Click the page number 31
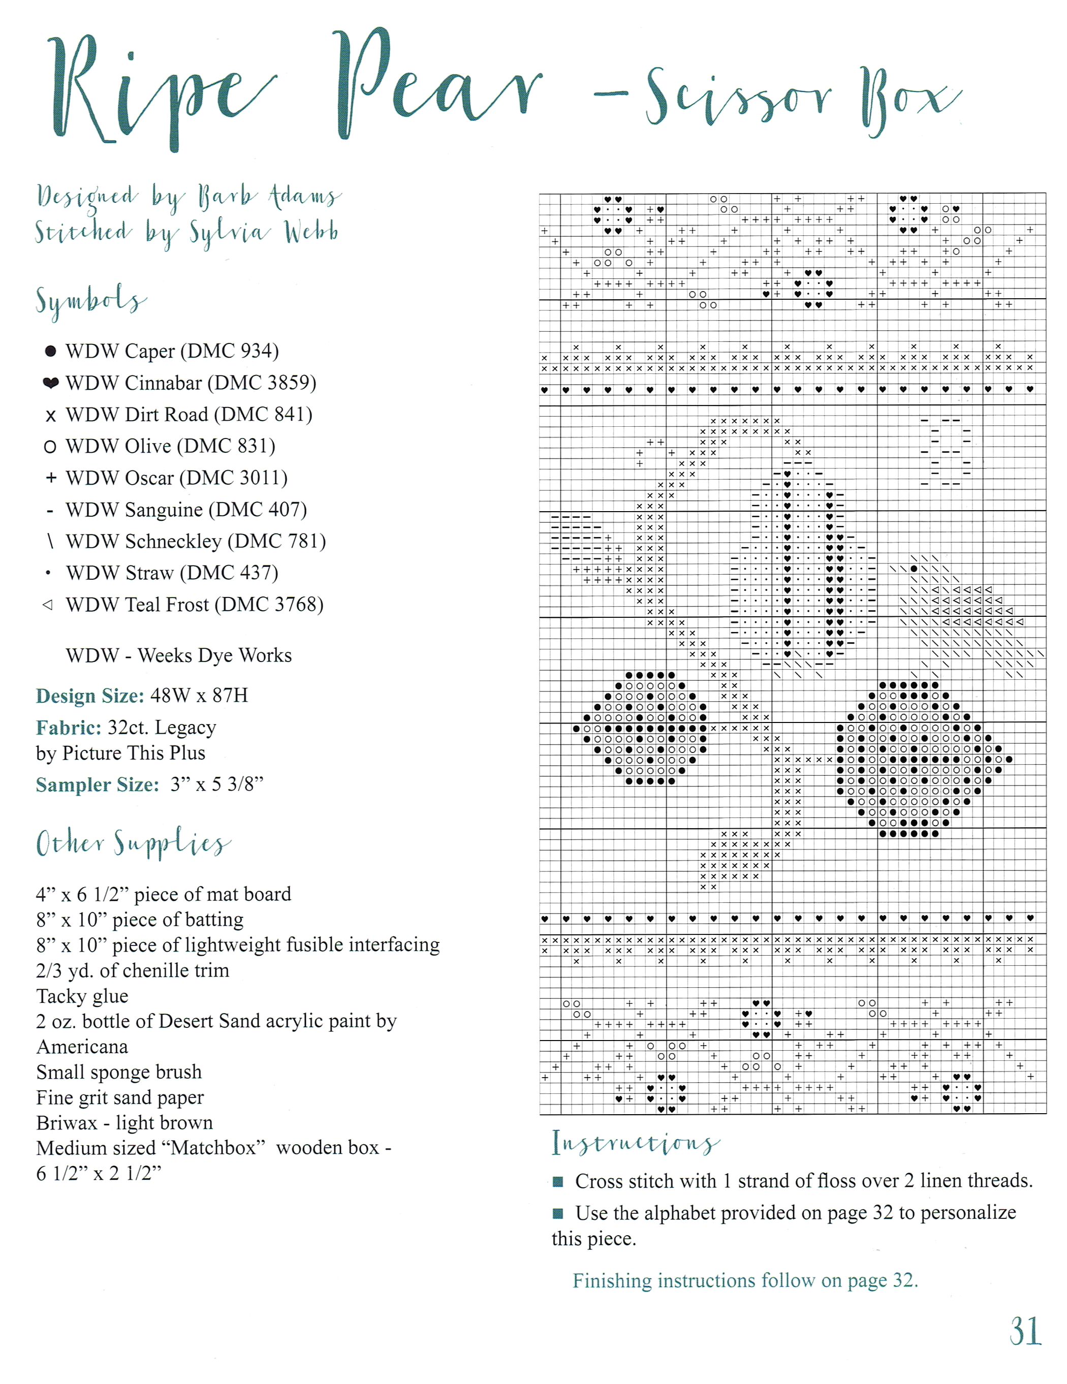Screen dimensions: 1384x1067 click(1024, 1331)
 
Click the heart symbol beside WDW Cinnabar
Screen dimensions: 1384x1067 click(51, 383)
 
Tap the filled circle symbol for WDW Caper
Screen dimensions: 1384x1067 click(51, 351)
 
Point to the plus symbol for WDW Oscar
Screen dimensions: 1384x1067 click(51, 478)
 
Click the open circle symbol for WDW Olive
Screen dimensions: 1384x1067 click(50, 447)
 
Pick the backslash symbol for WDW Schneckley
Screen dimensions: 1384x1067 click(50, 541)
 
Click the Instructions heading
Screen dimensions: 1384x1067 click(635, 1143)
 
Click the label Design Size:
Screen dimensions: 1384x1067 click(90, 696)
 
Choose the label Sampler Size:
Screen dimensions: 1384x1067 click(97, 784)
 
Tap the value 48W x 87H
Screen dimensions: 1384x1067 click(199, 696)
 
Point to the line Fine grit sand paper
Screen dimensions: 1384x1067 click(120, 1097)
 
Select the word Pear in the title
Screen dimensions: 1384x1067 click(437, 85)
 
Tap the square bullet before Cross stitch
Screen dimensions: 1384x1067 click(558, 1181)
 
